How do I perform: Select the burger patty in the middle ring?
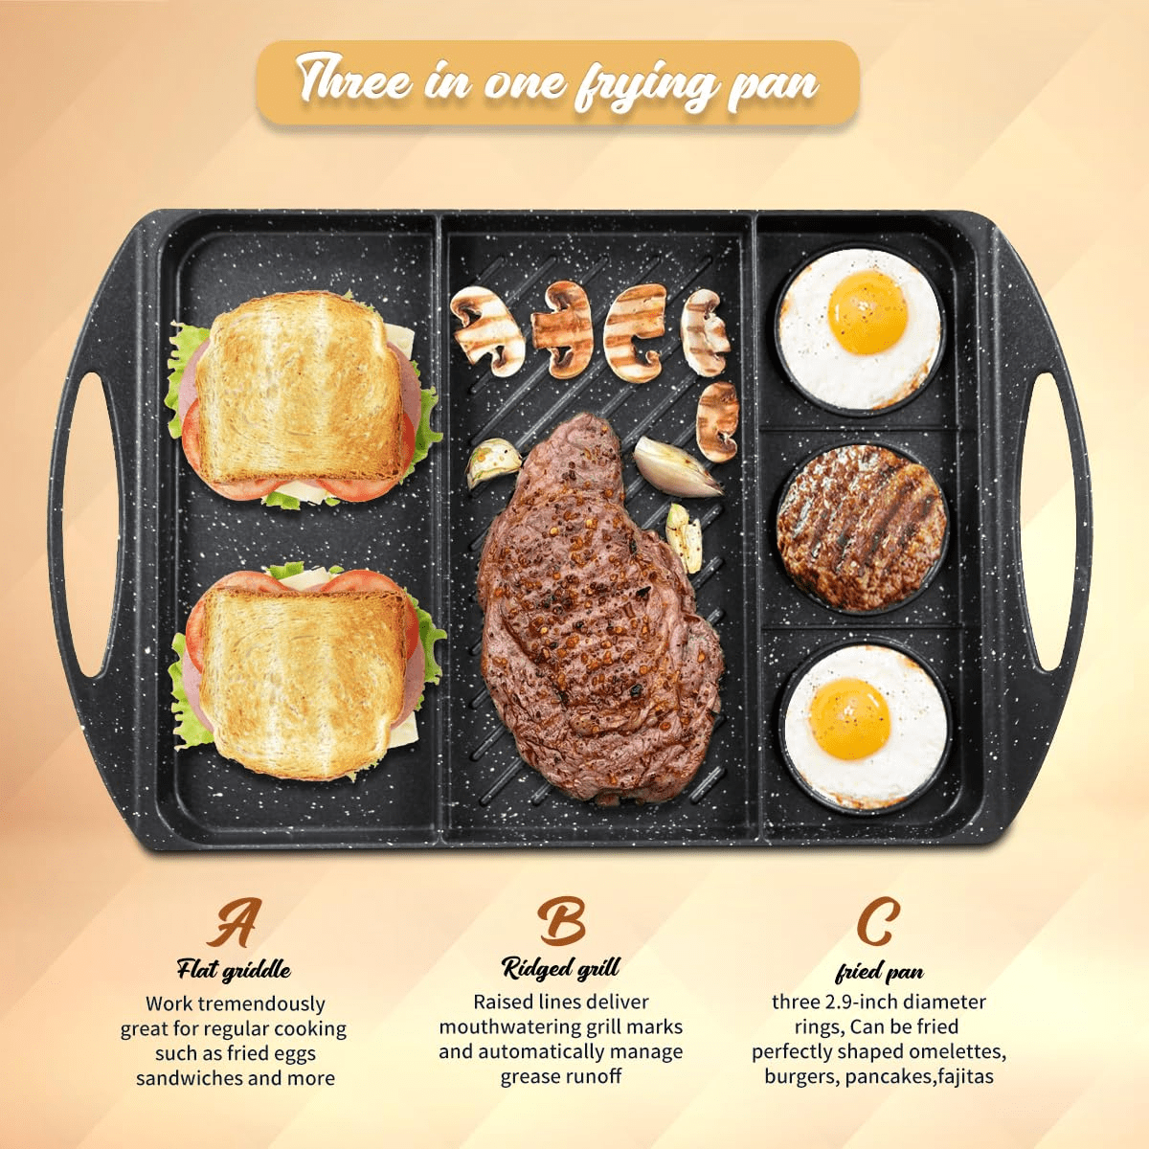coord(861,529)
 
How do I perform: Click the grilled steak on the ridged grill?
coord(598,607)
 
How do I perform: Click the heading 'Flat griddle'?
coord(233,970)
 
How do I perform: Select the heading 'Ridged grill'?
coord(560,968)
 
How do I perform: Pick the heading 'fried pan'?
coord(879,972)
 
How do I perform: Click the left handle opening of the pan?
coord(84,524)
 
